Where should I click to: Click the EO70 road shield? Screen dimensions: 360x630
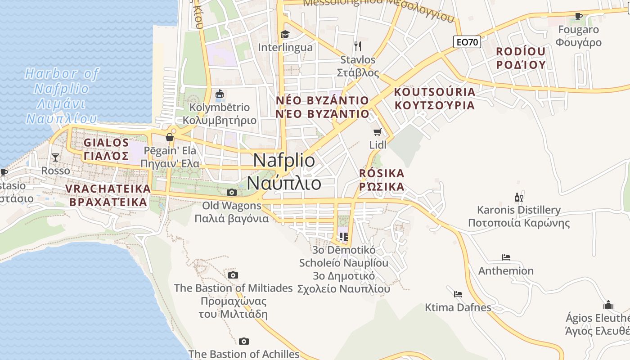click(x=467, y=42)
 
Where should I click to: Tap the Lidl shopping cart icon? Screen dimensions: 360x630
click(x=377, y=132)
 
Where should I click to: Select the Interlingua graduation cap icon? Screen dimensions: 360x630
click(x=284, y=34)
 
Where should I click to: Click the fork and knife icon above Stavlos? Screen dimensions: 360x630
click(x=358, y=46)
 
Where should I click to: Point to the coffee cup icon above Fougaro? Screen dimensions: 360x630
click(x=579, y=17)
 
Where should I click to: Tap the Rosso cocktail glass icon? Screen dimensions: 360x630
click(x=55, y=157)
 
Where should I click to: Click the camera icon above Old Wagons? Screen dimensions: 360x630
click(x=231, y=193)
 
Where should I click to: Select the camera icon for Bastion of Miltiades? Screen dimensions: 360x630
click(x=233, y=275)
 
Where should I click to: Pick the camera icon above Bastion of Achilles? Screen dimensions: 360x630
click(x=243, y=341)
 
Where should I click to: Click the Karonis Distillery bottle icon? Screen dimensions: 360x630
click(x=518, y=197)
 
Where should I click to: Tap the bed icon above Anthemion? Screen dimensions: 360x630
click(x=506, y=257)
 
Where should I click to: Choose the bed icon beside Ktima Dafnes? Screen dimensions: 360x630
click(x=458, y=294)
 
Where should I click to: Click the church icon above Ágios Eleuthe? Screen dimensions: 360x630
click(x=608, y=305)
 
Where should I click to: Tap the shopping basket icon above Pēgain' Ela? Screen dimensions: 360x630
click(x=170, y=137)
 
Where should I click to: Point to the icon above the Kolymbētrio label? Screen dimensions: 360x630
click(x=219, y=94)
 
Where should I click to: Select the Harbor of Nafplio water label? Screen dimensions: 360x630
click(x=62, y=96)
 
